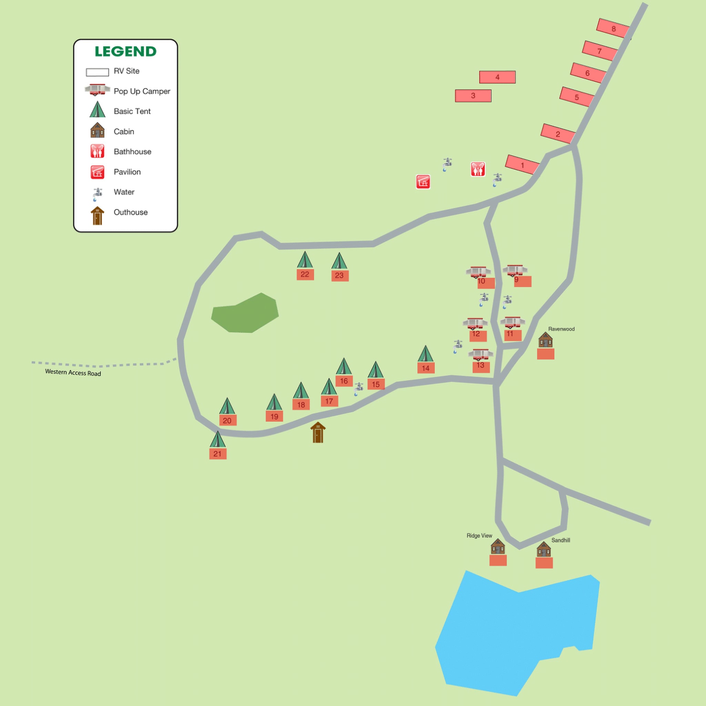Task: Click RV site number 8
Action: [x=613, y=29]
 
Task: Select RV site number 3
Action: [x=473, y=96]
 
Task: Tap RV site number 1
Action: [x=522, y=165]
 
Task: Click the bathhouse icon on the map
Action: [x=477, y=169]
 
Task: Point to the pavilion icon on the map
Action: [x=423, y=182]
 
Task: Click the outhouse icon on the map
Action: [x=318, y=433]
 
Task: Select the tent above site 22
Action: [x=305, y=260]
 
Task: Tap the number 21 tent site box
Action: [x=218, y=454]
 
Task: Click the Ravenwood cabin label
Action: [x=561, y=329]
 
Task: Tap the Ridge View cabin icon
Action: [x=498, y=546]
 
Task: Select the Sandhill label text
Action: [x=560, y=540]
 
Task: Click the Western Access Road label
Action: [x=73, y=372]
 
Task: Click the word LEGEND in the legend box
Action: [x=125, y=51]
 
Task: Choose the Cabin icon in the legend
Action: [x=98, y=130]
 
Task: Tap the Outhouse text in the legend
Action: [x=130, y=212]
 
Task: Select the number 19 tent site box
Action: [x=274, y=416]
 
